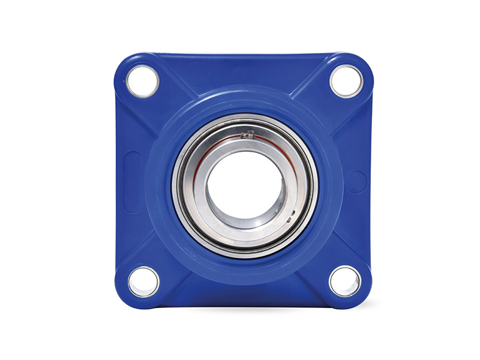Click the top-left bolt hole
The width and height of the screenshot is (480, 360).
[143, 81]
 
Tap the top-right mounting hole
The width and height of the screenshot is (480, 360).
[346, 81]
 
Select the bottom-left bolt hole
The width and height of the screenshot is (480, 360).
[143, 281]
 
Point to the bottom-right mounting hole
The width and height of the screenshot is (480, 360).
[345, 281]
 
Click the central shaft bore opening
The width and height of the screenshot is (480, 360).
[243, 183]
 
